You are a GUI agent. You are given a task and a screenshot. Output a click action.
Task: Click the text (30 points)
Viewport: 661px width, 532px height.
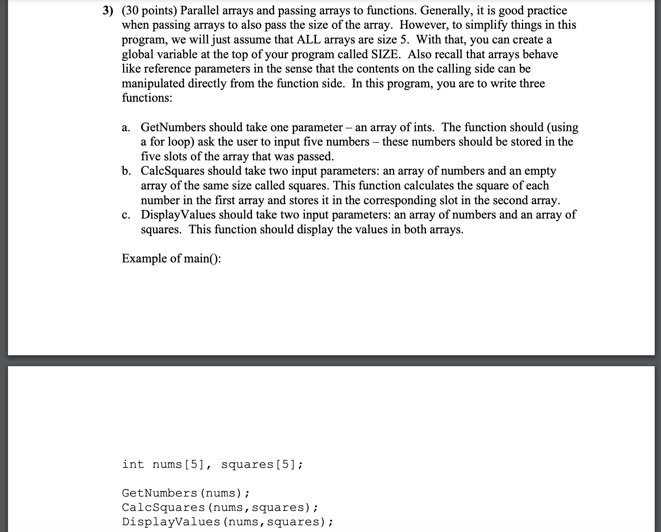[150, 11]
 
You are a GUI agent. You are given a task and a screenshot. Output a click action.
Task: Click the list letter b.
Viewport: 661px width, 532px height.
[126, 171]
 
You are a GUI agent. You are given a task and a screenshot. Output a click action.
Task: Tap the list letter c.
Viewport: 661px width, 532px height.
[126, 215]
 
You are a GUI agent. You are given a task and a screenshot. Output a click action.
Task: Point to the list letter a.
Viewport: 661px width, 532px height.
[126, 127]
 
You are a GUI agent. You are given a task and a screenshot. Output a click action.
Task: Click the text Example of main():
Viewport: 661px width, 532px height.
[171, 258]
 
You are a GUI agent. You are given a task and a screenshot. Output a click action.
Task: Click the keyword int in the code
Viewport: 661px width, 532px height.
[133, 464]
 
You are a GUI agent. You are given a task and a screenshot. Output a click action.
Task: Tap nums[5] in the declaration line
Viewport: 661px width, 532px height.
[179, 464]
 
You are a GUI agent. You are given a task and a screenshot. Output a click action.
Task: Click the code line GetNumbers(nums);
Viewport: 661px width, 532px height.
[186, 493]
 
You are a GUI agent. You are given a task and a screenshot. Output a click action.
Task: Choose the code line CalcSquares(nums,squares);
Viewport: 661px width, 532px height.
[220, 507]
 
